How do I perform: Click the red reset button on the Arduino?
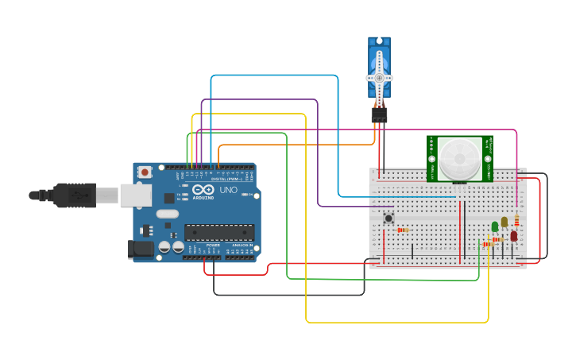pyautogui.click(x=145, y=172)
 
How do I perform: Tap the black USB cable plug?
pyautogui.click(x=75, y=195)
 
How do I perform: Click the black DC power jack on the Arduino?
pyautogui.click(x=141, y=249)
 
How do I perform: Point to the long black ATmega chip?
pyautogui.click(x=219, y=232)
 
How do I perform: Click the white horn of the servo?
pyautogui.click(x=379, y=77)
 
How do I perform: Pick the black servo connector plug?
pyautogui.click(x=379, y=115)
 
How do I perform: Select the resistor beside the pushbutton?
pyautogui.click(x=403, y=230)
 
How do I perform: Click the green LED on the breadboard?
pyautogui.click(x=495, y=226)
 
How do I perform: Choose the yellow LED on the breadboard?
pyautogui.click(x=504, y=222)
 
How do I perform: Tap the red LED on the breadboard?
pyautogui.click(x=514, y=236)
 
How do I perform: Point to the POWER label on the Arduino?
pyautogui.click(x=213, y=246)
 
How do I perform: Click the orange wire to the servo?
pyautogui.click(x=294, y=145)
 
